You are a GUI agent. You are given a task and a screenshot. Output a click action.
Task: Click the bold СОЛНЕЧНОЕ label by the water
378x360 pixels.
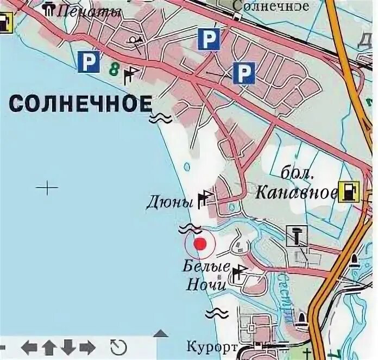81,103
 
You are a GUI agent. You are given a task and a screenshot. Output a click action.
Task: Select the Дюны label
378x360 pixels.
170,203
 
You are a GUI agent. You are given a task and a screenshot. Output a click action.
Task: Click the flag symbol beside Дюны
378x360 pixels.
205,198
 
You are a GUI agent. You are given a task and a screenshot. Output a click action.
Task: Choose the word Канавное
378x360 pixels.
294,192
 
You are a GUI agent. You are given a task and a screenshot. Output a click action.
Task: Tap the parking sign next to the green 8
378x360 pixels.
88,62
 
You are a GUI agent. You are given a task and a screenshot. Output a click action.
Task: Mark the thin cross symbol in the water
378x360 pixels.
47,188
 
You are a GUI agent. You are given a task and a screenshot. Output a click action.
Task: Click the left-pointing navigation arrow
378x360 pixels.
30,346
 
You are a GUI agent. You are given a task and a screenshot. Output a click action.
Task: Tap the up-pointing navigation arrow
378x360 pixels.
49,346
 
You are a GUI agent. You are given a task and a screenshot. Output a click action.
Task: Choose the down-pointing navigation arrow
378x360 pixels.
67,346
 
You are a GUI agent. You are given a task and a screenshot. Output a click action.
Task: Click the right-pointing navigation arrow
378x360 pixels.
86,346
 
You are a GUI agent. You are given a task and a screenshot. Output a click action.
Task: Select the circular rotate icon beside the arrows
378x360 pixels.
118,346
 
